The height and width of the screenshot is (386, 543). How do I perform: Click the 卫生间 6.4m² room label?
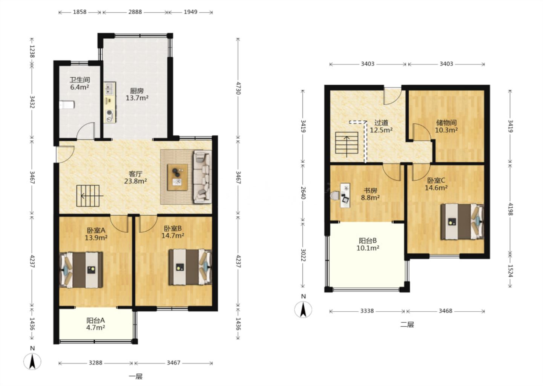(x=80, y=83)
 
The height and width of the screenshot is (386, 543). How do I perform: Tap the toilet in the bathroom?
(x=67, y=105)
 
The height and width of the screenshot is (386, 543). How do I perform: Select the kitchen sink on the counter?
(x=110, y=89)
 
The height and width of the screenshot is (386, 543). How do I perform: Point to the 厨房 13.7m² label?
(x=137, y=94)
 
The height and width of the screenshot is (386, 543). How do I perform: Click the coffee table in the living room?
(x=178, y=178)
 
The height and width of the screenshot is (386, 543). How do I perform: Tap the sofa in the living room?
(x=202, y=177)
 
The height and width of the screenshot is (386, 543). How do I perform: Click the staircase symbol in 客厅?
(x=88, y=196)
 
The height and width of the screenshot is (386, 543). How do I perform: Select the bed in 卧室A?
(x=81, y=270)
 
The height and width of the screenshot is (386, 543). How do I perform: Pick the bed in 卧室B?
(x=190, y=267)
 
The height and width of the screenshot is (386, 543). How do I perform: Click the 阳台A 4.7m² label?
(x=95, y=324)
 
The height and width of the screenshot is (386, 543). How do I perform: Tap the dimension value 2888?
(x=135, y=12)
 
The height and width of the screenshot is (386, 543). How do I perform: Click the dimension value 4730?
(x=238, y=88)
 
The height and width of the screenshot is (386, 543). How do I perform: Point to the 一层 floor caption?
(x=135, y=376)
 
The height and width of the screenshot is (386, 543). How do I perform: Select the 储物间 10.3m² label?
(x=446, y=126)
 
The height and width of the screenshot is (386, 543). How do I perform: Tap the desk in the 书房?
(x=345, y=195)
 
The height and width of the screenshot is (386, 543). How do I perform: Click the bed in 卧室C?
(x=462, y=222)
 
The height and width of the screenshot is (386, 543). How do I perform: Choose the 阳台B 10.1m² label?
(x=368, y=244)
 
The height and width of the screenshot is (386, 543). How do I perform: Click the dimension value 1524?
(x=510, y=271)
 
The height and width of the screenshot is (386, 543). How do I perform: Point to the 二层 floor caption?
(x=407, y=325)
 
